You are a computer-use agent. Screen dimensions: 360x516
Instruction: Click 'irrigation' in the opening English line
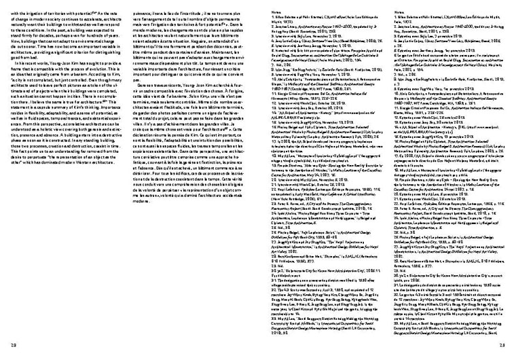click(x=36, y=14)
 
